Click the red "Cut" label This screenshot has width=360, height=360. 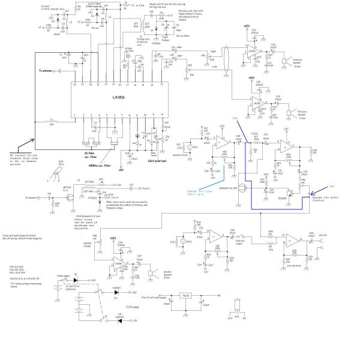tap(235, 118)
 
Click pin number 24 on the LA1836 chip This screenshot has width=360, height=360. tap(75, 85)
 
